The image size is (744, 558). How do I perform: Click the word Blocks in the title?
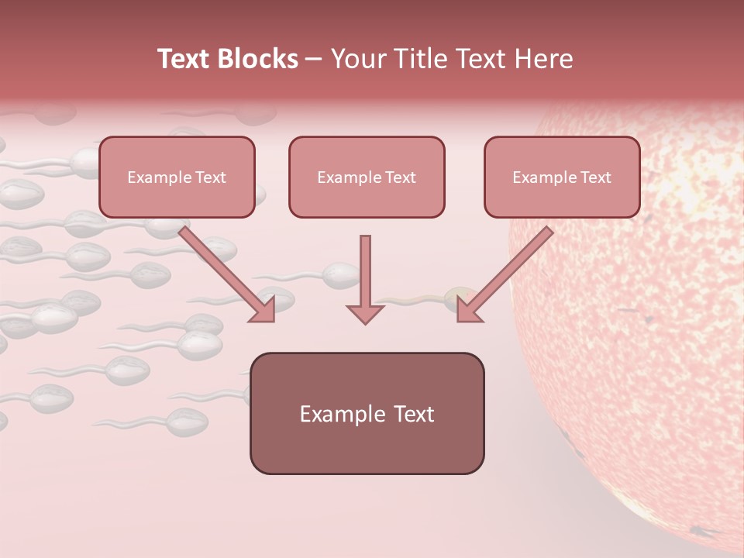pos(259,59)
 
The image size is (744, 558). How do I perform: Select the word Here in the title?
pos(545,59)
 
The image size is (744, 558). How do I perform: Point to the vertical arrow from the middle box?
pos(365,271)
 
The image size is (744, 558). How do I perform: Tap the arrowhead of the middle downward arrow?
pos(365,313)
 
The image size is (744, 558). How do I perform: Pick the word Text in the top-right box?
pos(595,177)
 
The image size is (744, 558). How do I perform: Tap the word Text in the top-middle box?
pos(400,177)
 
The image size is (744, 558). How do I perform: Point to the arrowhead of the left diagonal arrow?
pos(262,310)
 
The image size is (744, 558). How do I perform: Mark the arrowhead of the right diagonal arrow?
pos(470,310)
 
